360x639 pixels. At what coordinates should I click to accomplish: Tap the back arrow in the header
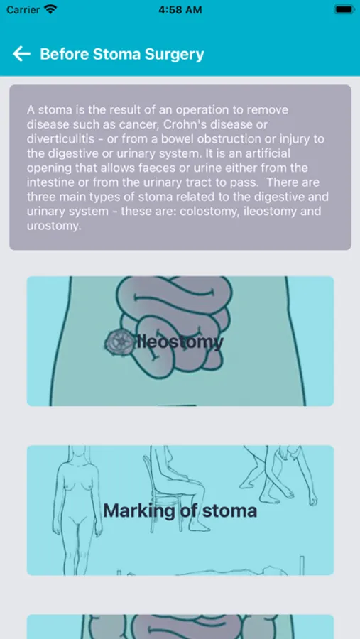click(21, 54)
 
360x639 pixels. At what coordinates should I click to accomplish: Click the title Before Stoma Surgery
click(122, 54)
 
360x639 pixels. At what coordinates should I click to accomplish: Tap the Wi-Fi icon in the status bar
click(51, 9)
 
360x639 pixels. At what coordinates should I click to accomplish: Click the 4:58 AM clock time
click(180, 10)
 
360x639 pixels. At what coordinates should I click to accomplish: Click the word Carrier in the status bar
click(23, 10)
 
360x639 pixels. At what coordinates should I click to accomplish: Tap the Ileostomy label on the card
click(180, 342)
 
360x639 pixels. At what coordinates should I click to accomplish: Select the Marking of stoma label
click(180, 510)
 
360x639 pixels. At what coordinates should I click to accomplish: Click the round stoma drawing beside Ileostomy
click(119, 341)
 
